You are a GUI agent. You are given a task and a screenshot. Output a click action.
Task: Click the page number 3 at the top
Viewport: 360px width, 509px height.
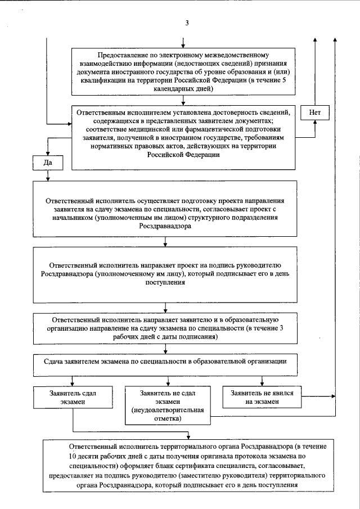[x=186, y=22]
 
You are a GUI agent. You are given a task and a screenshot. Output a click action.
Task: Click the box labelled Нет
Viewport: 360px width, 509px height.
[x=314, y=112]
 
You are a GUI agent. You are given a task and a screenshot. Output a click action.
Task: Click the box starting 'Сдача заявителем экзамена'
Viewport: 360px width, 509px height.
[x=164, y=362]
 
